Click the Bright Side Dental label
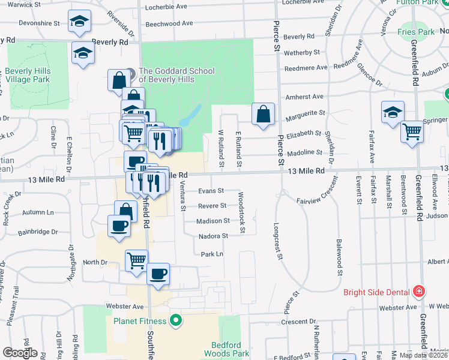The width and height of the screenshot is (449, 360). pyautogui.click(x=376, y=293)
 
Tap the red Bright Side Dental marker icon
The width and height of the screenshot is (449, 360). pyautogui.click(x=419, y=292)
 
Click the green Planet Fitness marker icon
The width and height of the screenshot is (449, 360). pyautogui.click(x=175, y=320)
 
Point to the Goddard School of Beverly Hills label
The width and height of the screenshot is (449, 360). pyautogui.click(x=176, y=75)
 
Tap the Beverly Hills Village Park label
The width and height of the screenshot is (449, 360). pyautogui.click(x=28, y=75)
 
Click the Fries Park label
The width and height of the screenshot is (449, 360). pyautogui.click(x=415, y=31)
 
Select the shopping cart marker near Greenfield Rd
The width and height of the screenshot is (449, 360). pyautogui.click(x=412, y=131)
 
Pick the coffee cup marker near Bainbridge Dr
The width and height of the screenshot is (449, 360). pyautogui.click(x=118, y=226)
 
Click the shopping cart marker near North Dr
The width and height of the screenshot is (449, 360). pyautogui.click(x=136, y=261)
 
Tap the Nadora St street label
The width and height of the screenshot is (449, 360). pyautogui.click(x=213, y=236)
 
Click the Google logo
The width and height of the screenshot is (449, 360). pyautogui.click(x=20, y=353)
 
